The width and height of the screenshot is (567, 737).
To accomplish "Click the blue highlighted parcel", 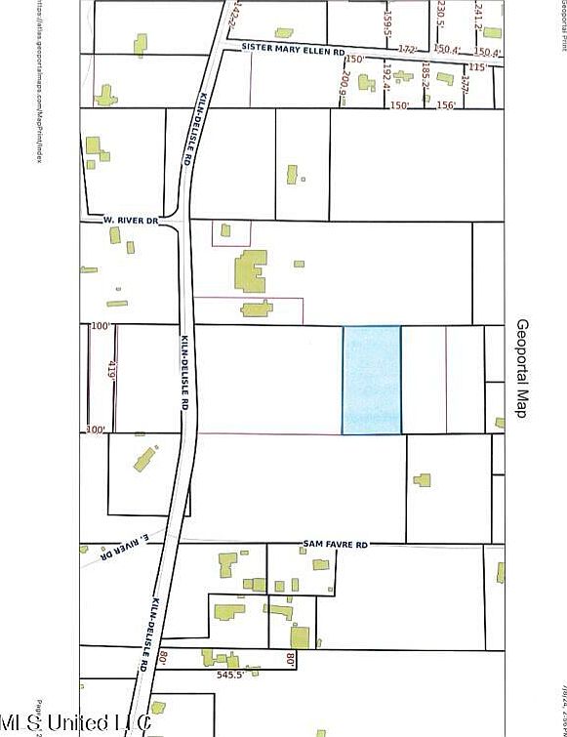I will [371, 380].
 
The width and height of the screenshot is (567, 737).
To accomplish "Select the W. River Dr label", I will [131, 221].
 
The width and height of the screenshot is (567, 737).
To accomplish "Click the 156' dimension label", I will [447, 106].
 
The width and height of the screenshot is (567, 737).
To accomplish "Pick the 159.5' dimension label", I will [385, 19].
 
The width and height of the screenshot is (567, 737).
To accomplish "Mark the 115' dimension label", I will [477, 66].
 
